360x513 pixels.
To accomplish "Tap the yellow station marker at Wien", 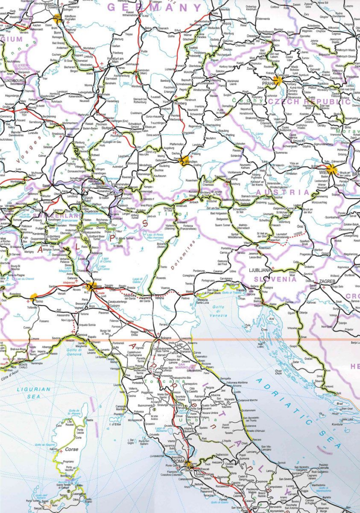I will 331,168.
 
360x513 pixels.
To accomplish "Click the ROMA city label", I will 180,462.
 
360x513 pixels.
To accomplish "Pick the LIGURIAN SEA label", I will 34,392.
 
